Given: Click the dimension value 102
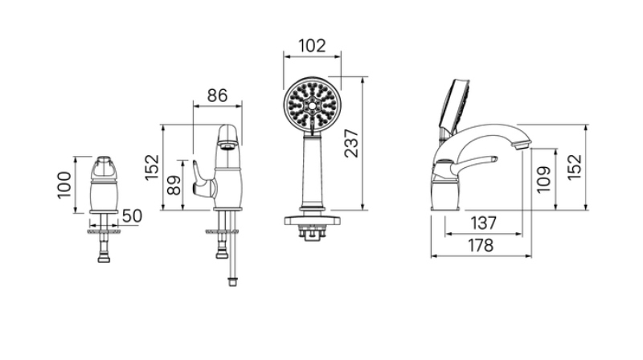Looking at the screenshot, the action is [312, 46].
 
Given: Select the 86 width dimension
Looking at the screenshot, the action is [217, 96].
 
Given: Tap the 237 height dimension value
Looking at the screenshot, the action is [351, 143].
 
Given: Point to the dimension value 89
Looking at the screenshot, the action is [174, 186].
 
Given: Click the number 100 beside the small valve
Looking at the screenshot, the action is [64, 186].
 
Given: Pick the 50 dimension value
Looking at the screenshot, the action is [132, 216].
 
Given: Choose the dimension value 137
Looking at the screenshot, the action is [484, 223].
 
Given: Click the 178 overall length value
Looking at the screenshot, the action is [481, 246].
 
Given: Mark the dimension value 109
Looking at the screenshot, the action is [543, 179].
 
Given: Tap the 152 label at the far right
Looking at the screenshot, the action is [574, 166].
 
